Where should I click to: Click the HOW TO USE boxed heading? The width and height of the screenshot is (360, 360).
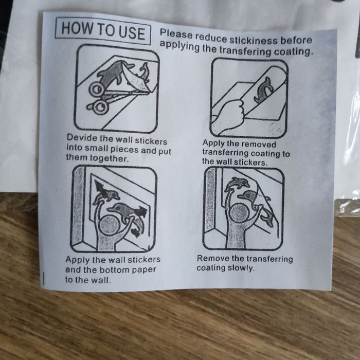[x=103, y=31]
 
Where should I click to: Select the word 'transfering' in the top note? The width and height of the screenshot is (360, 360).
[x=245, y=51]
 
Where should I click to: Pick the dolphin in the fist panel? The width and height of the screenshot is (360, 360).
[x=263, y=90]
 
